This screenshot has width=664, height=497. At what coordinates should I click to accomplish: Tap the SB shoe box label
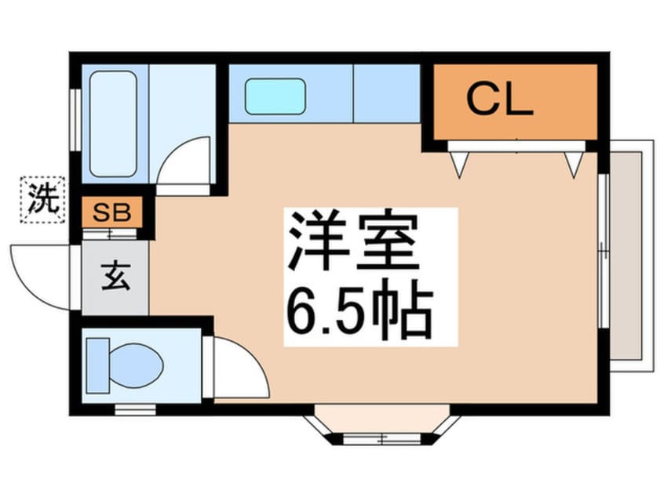(111, 212)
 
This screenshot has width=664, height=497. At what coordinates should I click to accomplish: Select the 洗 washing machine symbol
(42, 200)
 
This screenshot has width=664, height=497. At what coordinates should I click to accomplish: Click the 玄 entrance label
(115, 277)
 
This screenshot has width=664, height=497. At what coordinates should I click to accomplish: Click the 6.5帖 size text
(360, 312)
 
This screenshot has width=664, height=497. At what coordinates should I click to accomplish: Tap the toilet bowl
(136, 365)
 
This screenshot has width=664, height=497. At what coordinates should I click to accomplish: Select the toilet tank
(98, 365)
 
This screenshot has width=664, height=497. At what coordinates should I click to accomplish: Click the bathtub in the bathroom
(113, 124)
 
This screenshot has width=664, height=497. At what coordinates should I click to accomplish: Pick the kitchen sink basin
(275, 96)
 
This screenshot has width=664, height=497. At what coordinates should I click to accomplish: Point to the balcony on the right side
(631, 256)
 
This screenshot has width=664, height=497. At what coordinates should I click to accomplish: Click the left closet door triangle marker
(459, 164)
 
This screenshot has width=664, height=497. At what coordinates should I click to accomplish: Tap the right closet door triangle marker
(575, 164)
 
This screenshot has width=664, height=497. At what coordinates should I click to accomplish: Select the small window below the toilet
(136, 409)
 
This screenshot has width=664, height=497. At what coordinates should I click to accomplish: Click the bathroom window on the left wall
(76, 120)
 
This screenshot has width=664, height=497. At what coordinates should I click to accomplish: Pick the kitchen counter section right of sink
(387, 93)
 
